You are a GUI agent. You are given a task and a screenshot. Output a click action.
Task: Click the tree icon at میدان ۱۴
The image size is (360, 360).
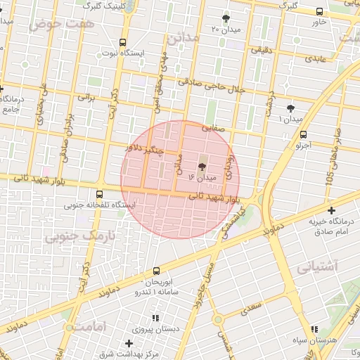pyautogui.click(x=202, y=167)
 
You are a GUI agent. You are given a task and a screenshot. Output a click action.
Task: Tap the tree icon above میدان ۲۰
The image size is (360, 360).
pyautogui.click(x=226, y=18)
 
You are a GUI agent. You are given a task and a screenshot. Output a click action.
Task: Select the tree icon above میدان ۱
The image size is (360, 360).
pyautogui.click(x=291, y=108)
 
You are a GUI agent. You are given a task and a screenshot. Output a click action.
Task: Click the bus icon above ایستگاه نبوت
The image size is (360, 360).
pyautogui.click(x=123, y=42)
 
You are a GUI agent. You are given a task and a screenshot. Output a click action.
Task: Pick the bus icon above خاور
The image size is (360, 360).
pyautogui.click(x=320, y=11)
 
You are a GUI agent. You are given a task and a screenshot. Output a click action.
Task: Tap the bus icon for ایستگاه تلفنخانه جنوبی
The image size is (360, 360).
pyautogui.click(x=98, y=195)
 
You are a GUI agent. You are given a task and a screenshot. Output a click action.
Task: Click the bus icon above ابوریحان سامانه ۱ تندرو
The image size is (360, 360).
pyautogui.click(x=155, y=271)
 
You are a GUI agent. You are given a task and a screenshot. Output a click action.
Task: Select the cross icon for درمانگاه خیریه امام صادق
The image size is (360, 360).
pyautogui.click(x=331, y=210)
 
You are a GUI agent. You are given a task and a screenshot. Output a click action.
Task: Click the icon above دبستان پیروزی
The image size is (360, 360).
pyautogui.click(x=154, y=318)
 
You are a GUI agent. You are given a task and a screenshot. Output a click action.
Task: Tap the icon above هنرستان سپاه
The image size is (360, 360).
pyautogui.click(x=314, y=329)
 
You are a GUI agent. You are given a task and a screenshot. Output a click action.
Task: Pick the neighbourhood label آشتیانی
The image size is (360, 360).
pyautogui.click(x=317, y=267)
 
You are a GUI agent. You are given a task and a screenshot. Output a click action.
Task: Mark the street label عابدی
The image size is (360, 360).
pyautogui.click(x=314, y=60)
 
